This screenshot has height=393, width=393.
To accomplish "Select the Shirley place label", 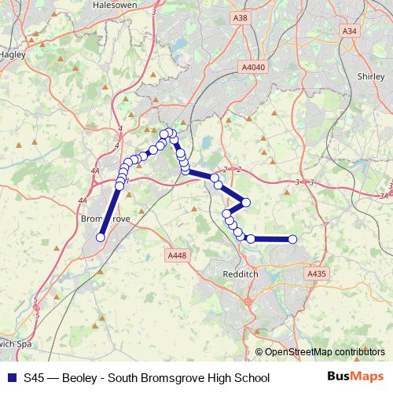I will (x=369, y=78).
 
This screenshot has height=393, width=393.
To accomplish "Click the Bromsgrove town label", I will (x=105, y=221).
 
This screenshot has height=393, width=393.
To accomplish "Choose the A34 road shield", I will (x=349, y=31).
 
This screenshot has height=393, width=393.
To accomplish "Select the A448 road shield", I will (x=177, y=255).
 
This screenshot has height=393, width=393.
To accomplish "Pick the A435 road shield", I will (x=317, y=273).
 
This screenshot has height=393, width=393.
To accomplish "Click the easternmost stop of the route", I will (x=292, y=239).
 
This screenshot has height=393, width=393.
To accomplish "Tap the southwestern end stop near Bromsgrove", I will (x=101, y=237).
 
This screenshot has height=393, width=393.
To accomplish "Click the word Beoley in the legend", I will (x=82, y=378).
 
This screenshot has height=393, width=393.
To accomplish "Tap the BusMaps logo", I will (x=355, y=377).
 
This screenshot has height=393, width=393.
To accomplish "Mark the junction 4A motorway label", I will (x=95, y=171).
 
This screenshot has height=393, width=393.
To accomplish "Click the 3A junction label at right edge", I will (x=384, y=196).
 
